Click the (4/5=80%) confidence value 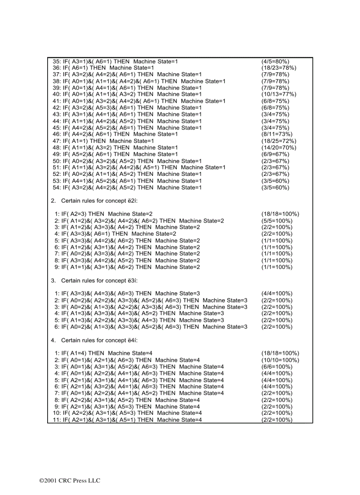point(275,61)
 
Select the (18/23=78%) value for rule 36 point(279,68)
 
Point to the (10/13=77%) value point(279,94)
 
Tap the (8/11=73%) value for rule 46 point(277,134)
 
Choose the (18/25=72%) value point(279,141)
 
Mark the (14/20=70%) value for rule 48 point(279,148)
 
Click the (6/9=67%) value point(275,154)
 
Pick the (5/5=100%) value point(277,220)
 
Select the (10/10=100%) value point(280,360)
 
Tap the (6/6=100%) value point(277,367)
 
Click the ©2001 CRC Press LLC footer point(70,480)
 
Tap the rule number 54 point(56,187)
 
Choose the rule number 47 point(56,141)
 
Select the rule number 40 point(56,94)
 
